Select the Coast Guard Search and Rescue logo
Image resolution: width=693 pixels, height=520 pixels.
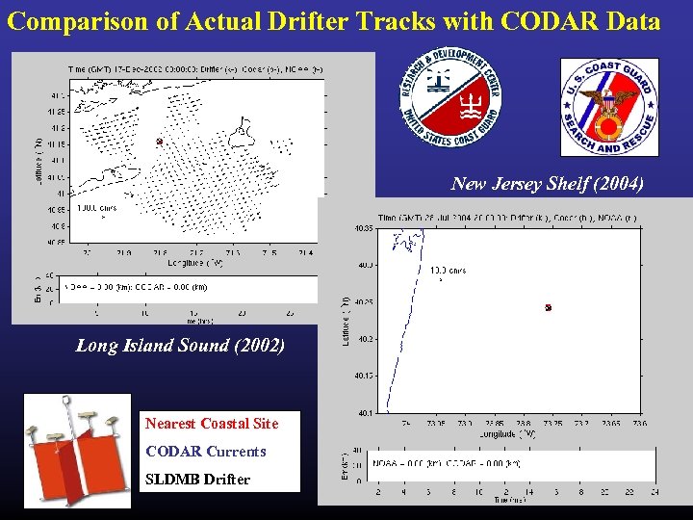608,107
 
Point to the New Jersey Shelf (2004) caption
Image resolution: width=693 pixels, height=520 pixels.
547,184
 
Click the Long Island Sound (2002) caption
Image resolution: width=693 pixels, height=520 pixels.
180,345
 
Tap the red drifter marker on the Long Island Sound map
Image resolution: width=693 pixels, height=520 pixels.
160,142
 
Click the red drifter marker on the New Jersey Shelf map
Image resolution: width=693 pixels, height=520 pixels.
548,308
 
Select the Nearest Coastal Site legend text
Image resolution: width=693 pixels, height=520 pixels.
211,424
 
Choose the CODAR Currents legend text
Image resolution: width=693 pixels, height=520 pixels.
205,452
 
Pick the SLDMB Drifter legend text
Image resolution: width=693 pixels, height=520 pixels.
197,480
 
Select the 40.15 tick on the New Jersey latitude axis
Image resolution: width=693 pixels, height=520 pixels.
364,376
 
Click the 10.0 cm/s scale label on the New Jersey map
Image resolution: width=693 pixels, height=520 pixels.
449,271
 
